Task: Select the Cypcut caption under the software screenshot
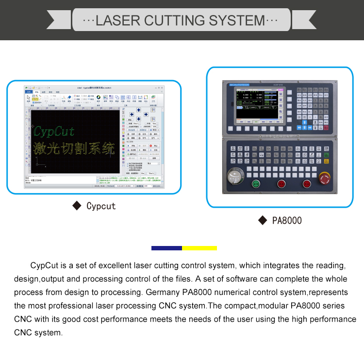101,206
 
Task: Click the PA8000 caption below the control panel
287,221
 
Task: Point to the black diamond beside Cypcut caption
76,206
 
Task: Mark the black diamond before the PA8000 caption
262,221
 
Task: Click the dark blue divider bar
166,248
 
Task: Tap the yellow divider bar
199,248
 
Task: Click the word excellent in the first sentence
117,266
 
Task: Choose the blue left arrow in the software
132,116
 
